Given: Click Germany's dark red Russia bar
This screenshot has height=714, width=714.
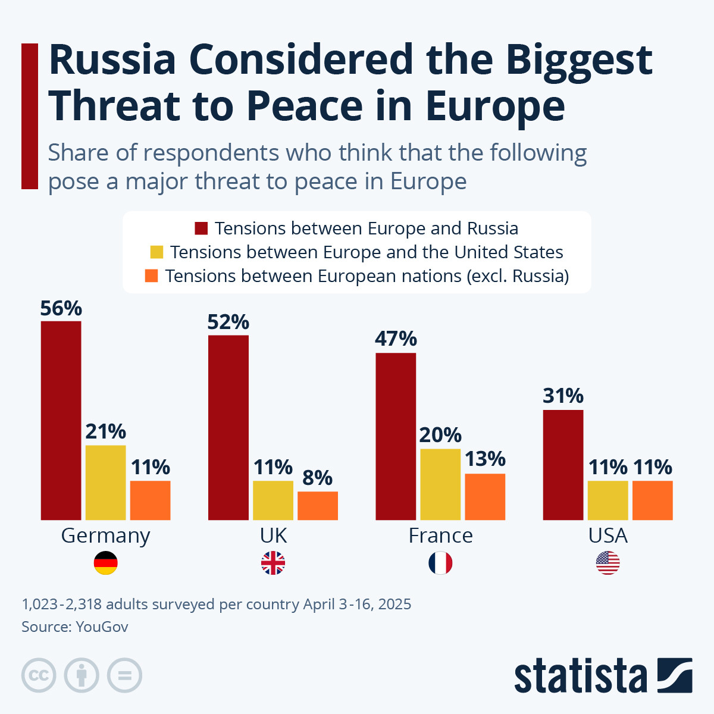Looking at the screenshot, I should pos(61,420).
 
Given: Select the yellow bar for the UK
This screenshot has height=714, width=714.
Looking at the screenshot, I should pos(273,500).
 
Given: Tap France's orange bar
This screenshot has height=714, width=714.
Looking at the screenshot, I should pos(485,496).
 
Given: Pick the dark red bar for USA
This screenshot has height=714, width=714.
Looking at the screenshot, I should pos(563,465).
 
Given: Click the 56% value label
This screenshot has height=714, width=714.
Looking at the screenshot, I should pos(61,308).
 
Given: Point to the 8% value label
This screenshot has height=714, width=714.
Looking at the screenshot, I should pos(317,477).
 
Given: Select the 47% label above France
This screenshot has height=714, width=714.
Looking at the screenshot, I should pos(396,339).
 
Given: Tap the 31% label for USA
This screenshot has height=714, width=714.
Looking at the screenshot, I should pos(563,396).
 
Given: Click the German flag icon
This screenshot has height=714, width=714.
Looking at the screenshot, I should pos(106,563).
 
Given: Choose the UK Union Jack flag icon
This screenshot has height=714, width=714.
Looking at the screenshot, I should pos(273,563).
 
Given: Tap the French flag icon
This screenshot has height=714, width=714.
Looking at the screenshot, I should pos(440,563).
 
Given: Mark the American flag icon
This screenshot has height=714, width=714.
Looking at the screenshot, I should pos(607,563).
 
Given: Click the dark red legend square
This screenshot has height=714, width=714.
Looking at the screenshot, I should pos(201,228).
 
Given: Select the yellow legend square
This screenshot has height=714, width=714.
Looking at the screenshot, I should pos(156,252).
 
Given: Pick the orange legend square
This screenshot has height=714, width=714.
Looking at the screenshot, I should pos(152,276).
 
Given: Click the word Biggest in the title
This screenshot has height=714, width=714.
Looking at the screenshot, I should pos(579,61).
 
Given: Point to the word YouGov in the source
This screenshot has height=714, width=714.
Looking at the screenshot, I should pos(102,627).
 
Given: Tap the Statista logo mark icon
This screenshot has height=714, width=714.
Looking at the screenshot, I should pos(675,675).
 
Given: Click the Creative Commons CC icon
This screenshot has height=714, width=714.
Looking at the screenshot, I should pos(39,675).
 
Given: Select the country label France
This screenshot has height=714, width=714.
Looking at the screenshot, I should pos(440,535).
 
